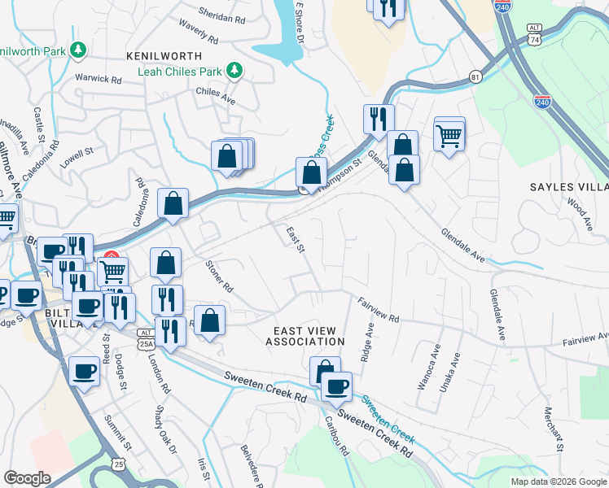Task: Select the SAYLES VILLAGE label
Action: [569, 187]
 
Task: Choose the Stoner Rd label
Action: [219, 277]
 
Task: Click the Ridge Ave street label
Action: [367, 342]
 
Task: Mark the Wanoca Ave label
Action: [423, 370]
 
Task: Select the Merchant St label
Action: [554, 429]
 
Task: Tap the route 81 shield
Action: [475, 76]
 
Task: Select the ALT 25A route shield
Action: [146, 338]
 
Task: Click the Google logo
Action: [27, 478]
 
